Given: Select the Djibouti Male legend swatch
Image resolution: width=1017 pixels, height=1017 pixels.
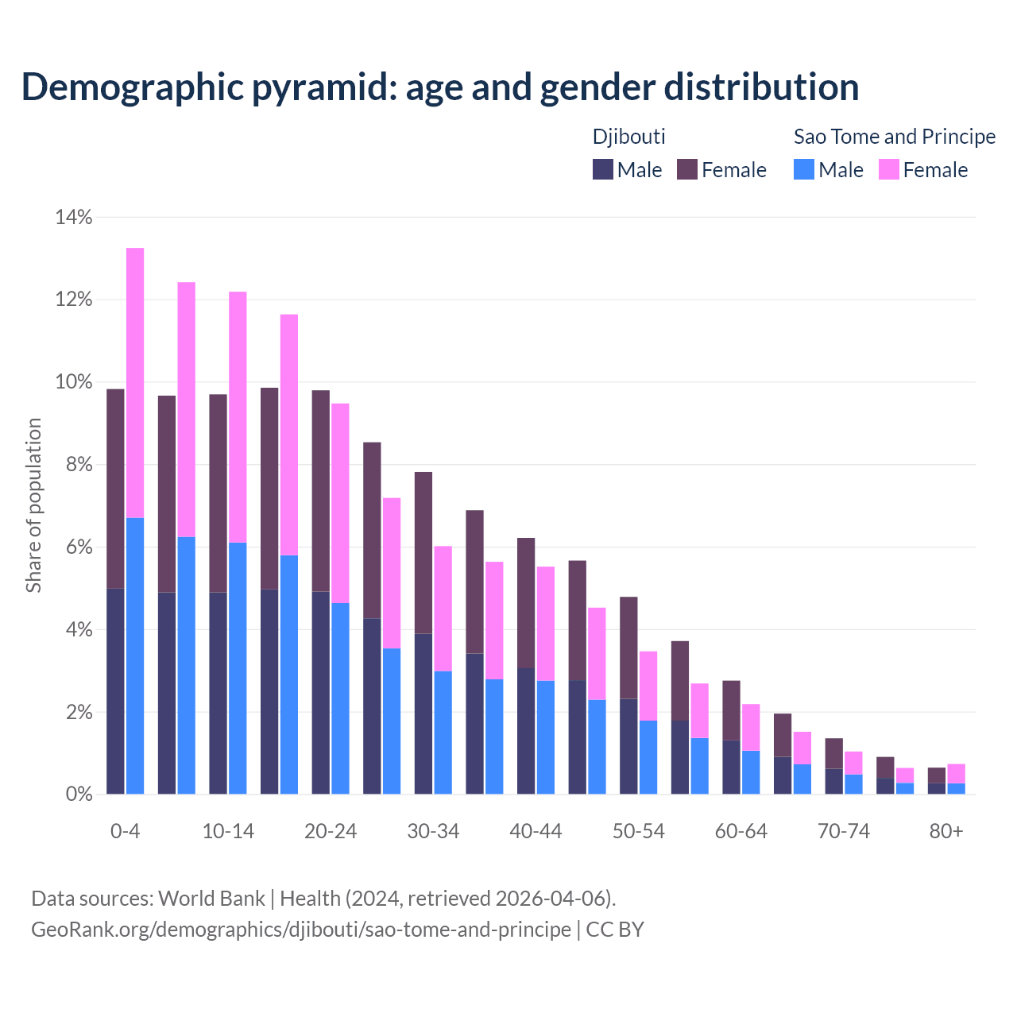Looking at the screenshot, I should [x=603, y=169].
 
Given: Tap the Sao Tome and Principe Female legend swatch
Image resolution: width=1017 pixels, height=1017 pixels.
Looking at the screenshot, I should [x=889, y=169].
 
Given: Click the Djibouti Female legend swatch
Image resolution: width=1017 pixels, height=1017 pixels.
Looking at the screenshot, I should [x=687, y=169].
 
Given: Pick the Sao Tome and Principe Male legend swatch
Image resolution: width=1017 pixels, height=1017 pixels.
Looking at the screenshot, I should [x=804, y=169].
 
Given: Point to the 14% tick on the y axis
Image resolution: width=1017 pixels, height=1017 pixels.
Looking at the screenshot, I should [x=74, y=217].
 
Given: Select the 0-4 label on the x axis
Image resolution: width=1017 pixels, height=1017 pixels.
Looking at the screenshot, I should [x=125, y=831].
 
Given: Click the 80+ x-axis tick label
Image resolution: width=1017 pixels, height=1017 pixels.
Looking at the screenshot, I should [x=946, y=831].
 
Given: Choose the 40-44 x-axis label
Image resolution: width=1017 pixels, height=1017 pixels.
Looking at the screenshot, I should [x=536, y=831].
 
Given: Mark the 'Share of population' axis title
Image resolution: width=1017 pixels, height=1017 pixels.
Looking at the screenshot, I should [x=33, y=505].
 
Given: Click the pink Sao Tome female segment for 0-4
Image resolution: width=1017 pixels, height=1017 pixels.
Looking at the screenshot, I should [x=135, y=382].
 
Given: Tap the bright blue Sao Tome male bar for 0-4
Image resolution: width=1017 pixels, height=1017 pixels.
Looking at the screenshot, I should [x=135, y=655].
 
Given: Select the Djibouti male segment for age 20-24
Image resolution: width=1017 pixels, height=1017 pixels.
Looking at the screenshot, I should [x=321, y=692].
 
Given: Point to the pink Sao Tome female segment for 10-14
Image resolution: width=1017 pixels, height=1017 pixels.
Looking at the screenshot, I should [x=238, y=417].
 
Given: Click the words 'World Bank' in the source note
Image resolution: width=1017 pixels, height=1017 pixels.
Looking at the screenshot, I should [x=211, y=899].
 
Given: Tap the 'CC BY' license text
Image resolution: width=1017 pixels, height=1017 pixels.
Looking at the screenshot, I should [x=615, y=930].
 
